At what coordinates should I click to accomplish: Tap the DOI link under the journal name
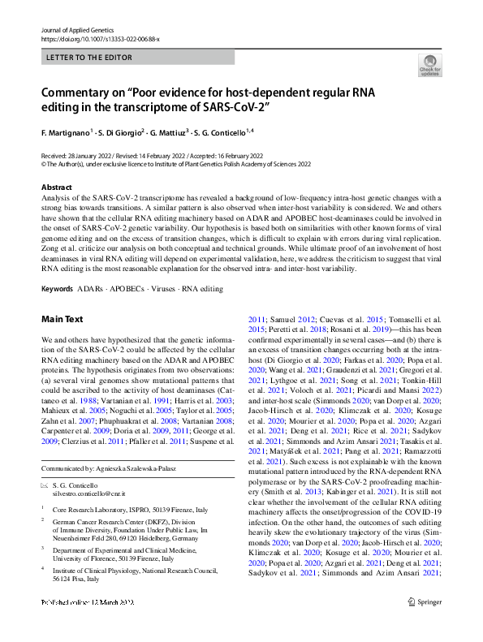100,38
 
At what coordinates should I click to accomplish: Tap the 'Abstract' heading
56,187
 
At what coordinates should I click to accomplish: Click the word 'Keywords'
58,289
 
